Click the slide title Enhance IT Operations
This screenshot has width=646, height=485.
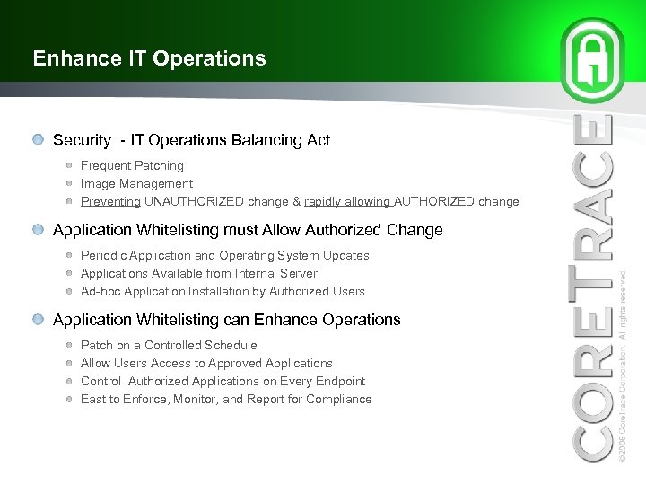tap(149, 59)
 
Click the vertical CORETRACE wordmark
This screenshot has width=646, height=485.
tap(594, 287)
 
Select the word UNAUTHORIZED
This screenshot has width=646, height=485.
tap(192, 202)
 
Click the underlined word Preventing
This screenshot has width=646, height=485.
tap(110, 202)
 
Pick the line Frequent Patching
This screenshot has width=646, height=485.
tap(132, 166)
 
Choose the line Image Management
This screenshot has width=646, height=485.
tap(136, 184)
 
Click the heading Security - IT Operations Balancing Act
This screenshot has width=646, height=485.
tap(191, 140)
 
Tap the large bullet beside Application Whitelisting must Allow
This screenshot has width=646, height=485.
tap(36, 230)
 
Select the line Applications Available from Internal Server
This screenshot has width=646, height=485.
tap(198, 274)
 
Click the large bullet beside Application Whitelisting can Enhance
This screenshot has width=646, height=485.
tap(36, 320)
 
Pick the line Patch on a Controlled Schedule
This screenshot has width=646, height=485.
tap(169, 346)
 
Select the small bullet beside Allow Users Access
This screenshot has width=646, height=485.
tap(69, 364)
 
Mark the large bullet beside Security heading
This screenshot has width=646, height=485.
tap(36, 140)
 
